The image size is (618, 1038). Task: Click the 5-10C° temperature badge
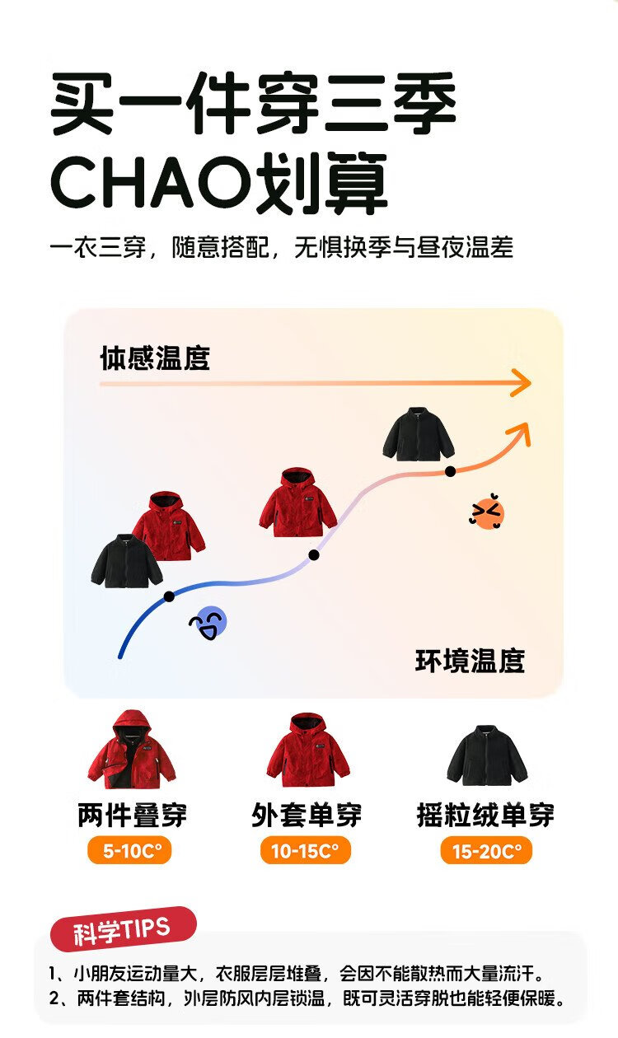click(x=129, y=851)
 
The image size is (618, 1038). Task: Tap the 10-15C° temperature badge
click(x=306, y=851)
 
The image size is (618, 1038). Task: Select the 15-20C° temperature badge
click(x=486, y=851)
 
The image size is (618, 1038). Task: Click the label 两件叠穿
click(x=132, y=815)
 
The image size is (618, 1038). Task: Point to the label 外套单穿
click(x=307, y=815)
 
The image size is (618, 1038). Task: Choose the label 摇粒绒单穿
click(x=486, y=815)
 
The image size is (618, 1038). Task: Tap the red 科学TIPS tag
click(x=123, y=930)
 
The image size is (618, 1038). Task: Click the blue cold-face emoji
click(x=208, y=624)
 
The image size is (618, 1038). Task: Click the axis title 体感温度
click(x=155, y=358)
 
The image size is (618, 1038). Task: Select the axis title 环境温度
click(x=470, y=661)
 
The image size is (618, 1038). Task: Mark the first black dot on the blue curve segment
click(x=169, y=596)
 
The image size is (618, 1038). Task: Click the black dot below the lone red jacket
click(x=314, y=555)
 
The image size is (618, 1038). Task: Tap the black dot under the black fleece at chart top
click(x=450, y=471)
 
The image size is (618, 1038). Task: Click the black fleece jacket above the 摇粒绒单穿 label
click(x=486, y=756)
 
